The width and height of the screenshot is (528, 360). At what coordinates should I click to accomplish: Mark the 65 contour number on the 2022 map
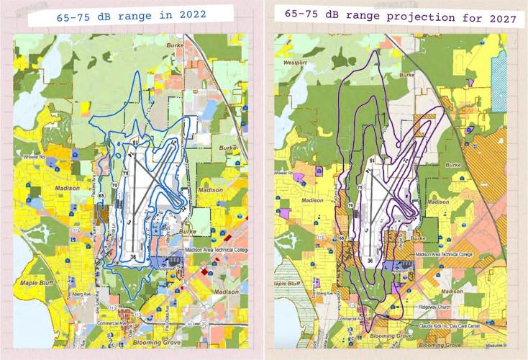coord(102,196)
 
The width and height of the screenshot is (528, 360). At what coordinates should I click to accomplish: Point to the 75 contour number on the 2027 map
coord(359,187)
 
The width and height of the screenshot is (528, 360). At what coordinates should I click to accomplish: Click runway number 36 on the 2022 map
coord(133,257)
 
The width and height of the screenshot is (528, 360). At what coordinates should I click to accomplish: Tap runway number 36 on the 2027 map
coord(368,261)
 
